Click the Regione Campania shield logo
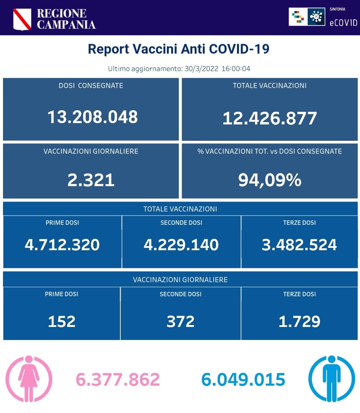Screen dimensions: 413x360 (x=22, y=19)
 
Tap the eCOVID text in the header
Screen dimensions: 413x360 (x=343, y=23)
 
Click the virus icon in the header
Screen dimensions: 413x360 (x=316, y=16)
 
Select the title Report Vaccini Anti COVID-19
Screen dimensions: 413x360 (x=178, y=49)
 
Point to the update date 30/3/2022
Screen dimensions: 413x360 (x=201, y=69)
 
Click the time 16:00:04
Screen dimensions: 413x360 (x=236, y=69)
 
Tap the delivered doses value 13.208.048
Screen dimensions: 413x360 (x=92, y=117)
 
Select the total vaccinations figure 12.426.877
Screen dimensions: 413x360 (x=269, y=118)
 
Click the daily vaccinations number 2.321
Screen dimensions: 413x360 (x=91, y=180)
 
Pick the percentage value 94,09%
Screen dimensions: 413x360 (x=269, y=180)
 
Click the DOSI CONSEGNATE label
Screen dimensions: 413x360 (x=91, y=86)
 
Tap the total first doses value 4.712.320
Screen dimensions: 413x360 (x=62, y=245)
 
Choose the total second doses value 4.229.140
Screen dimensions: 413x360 (x=181, y=245)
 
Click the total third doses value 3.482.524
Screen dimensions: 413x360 (x=299, y=245)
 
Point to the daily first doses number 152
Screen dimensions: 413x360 (x=62, y=322)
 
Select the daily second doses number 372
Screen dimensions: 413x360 (x=180, y=322)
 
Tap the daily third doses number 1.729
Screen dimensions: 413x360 (x=299, y=322)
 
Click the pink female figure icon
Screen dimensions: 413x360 (x=29, y=379)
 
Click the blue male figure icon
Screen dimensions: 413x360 (x=331, y=379)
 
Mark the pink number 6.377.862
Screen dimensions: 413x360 (x=118, y=380)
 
